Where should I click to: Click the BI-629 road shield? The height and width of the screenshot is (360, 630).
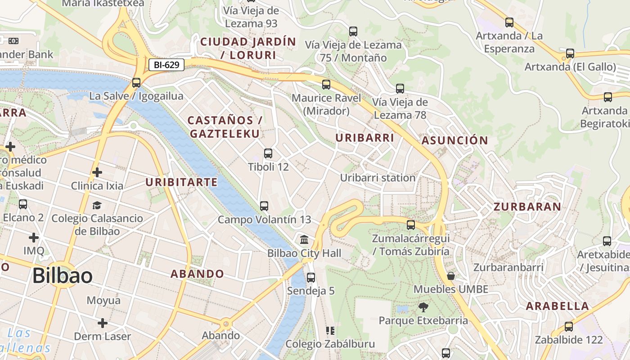tap(166, 65)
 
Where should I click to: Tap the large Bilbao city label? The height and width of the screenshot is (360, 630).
tap(63, 275)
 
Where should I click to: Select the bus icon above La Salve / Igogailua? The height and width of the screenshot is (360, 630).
tap(136, 83)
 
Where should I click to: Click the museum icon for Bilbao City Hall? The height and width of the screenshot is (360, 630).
tap(304, 239)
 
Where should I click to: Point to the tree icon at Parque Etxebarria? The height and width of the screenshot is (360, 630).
tap(423, 307)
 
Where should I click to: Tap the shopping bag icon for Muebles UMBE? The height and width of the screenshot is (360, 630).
tap(450, 276)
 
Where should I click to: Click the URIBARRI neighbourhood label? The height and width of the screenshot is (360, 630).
tap(365, 138)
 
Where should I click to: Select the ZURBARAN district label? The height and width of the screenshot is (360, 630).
tap(527, 207)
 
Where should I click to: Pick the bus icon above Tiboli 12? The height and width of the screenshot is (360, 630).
tap(268, 153)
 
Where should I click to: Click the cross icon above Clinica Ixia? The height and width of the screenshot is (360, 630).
tap(97, 172)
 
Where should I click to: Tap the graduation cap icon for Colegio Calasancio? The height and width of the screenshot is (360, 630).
tap(97, 206)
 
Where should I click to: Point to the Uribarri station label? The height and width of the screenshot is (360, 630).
tap(378, 178)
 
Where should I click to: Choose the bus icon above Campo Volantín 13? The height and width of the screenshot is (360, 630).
tap(264, 206)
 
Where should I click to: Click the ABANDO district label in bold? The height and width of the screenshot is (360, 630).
tap(197, 274)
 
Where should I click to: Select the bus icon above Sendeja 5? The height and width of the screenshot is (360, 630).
tap(311, 277)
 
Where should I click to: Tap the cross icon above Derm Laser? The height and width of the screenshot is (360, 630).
tap(103, 323)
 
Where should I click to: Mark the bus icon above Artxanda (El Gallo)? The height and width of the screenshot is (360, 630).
tap(570, 54)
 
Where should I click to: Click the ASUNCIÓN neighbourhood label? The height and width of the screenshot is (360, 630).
tap(455, 140)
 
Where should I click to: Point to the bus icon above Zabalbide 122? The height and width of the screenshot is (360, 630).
tap(569, 327)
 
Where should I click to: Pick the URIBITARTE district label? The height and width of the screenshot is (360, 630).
tap(182, 182)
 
